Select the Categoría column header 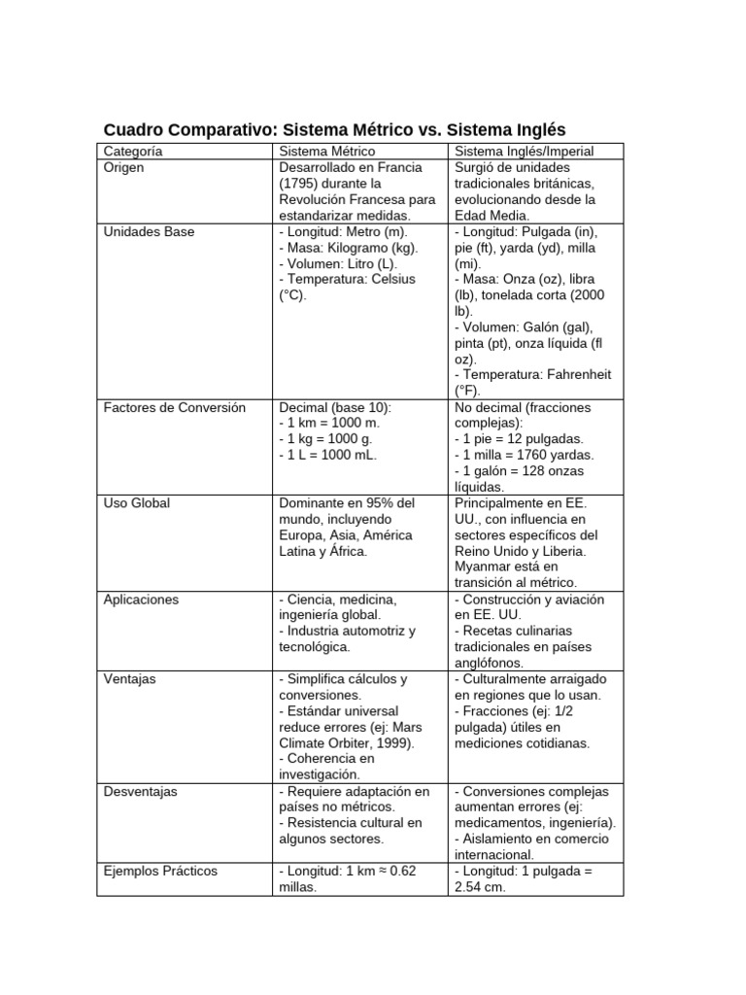point(133,152)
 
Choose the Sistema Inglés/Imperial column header point(524,152)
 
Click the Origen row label point(123,167)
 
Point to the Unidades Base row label point(149,231)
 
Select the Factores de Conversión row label point(174,407)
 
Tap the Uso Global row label point(137,503)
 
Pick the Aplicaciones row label point(141,600)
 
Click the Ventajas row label point(130,679)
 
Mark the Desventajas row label point(140,791)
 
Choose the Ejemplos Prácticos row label point(160,871)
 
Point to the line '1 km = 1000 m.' point(332,424)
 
